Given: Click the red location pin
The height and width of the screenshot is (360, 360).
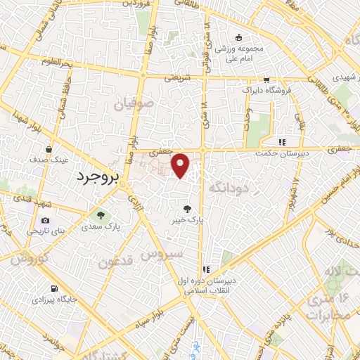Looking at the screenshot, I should click(181, 165).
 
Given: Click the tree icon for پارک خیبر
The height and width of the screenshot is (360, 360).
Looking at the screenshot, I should click(187, 208).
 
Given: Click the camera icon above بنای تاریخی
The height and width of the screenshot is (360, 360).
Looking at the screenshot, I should click(25, 220).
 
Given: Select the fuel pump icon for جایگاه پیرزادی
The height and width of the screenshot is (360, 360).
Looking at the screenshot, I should click(53, 288).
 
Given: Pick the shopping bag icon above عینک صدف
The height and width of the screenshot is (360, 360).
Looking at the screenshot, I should click(48, 149).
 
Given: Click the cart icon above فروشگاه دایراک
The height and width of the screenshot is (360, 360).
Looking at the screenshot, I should click(266, 80).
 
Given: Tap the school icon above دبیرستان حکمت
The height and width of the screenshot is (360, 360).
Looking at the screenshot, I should click(282, 141).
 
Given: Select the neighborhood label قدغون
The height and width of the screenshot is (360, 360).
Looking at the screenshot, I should click(113, 263).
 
